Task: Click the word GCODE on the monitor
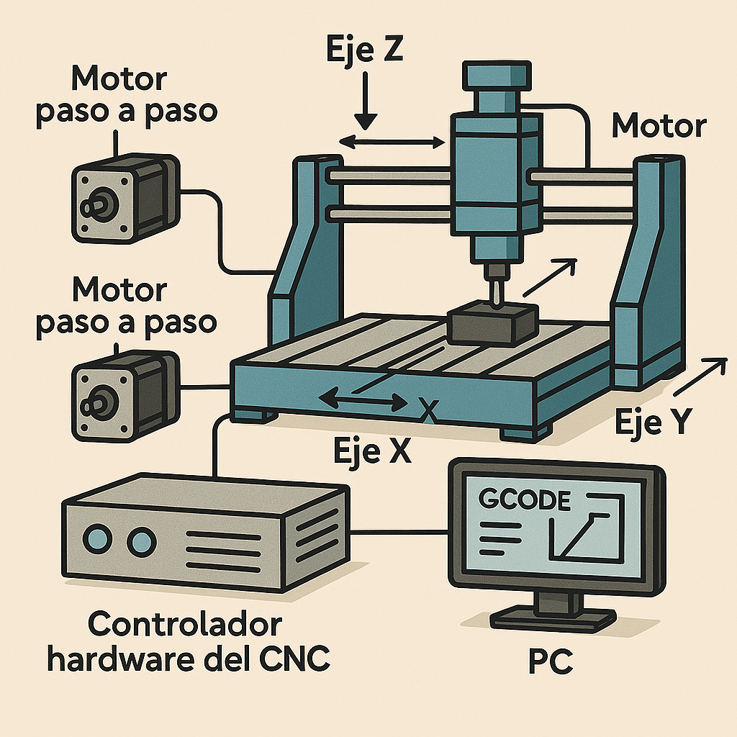click(524, 499)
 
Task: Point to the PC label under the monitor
click(551, 661)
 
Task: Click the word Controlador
click(184, 624)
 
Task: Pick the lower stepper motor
click(125, 394)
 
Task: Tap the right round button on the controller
click(142, 538)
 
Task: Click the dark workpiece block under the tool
click(492, 324)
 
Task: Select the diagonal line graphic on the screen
click(582, 536)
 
